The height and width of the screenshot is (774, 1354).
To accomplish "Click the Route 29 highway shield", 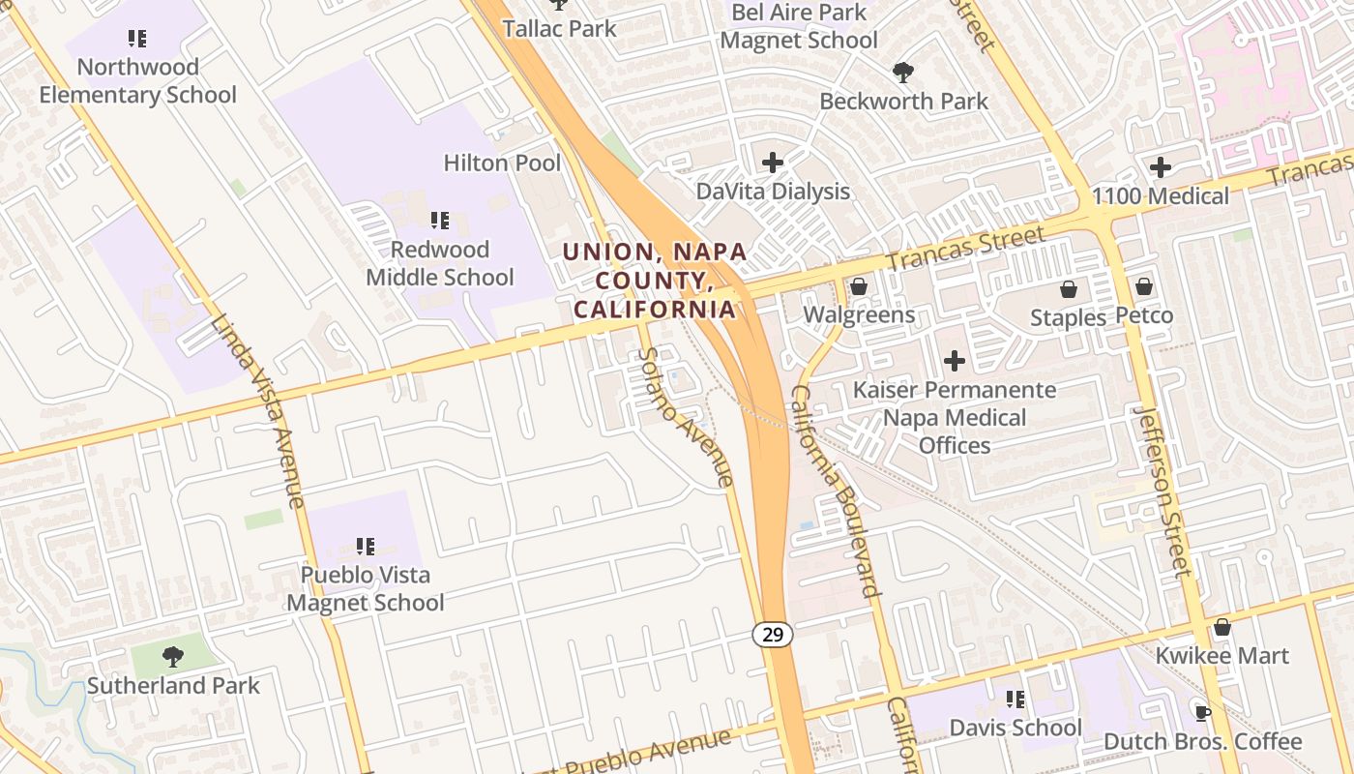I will coord(772,635).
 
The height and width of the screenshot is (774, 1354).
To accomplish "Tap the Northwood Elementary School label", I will coord(137,81).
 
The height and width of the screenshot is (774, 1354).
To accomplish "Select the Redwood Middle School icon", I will coord(440,221).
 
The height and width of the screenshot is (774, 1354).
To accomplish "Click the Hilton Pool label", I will coord(502,163).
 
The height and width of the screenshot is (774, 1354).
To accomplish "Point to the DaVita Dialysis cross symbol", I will coord(773,162).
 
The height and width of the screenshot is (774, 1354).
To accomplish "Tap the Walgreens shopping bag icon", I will coord(858,286).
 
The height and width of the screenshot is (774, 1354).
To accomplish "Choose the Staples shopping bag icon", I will coord(1069,288).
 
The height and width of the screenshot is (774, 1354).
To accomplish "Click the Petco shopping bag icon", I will coord(1144,286).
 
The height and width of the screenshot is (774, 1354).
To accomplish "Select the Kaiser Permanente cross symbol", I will coord(955,361).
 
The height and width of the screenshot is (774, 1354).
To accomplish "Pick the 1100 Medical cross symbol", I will coord(1161,167).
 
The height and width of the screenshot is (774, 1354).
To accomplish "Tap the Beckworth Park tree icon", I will coord(903,72).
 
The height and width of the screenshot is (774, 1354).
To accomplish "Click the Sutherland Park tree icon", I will coord(173,657).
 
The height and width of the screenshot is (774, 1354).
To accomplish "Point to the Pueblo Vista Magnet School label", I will coord(365,588).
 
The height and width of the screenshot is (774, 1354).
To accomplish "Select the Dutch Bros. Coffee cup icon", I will coord(1203,713).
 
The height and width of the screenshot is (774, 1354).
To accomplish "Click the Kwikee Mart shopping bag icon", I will coord(1222,627).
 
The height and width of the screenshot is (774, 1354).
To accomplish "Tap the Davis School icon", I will coord(1015,699).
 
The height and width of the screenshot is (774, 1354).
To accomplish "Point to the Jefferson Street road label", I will coord(1161,491).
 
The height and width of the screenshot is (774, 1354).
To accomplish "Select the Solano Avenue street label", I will coord(685,416).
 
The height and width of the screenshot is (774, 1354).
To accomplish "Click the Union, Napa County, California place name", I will coord(654,281).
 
